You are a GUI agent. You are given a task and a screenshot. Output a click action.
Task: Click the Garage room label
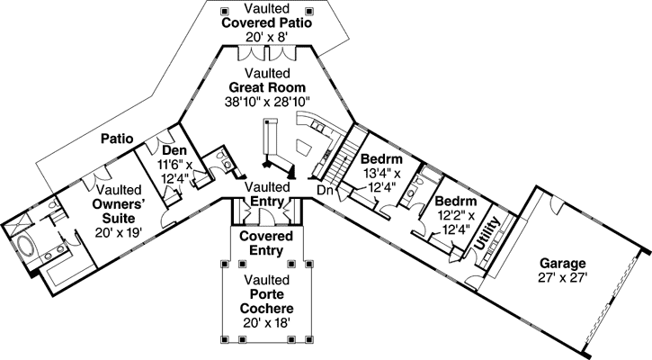pos(563,264)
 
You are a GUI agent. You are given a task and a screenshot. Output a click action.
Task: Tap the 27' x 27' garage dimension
pos(563,278)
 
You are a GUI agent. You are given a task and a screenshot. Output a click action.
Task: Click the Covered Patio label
pos(267,22)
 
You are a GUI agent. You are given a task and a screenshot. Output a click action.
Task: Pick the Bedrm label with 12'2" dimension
pos(454,202)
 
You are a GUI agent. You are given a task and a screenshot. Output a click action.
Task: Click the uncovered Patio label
pos(118,139)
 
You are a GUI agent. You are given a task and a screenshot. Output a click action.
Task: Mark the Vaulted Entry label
pos(266,193)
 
